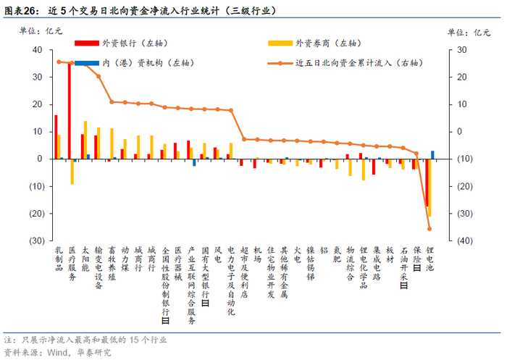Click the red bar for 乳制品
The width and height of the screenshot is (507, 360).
click(56, 137)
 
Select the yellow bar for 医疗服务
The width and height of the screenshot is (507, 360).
click(72, 172)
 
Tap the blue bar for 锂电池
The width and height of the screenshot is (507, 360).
click(432, 155)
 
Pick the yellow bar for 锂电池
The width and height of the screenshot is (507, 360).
click(430, 188)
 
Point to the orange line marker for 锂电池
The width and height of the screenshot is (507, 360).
click(430, 229)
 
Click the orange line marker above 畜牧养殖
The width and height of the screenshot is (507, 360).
click(112, 102)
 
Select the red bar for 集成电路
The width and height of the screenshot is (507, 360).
click(374, 167)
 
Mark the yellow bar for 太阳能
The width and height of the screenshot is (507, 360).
click(85, 140)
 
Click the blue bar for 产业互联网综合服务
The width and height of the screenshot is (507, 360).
click(194, 162)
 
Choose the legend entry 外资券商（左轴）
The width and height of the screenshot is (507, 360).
click(314, 43)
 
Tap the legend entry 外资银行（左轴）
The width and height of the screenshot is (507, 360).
click(121, 43)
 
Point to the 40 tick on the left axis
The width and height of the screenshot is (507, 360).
click(38, 50)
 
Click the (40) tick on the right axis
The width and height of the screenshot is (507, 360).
click(465, 240)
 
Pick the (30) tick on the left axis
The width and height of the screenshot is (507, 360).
click(37, 240)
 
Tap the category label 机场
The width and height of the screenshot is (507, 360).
click(257, 254)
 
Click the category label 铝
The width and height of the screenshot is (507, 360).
click(324, 250)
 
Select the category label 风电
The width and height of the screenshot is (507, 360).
click(218, 254)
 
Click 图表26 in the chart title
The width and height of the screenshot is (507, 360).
click(20, 11)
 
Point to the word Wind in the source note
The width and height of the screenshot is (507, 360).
click(57, 352)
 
